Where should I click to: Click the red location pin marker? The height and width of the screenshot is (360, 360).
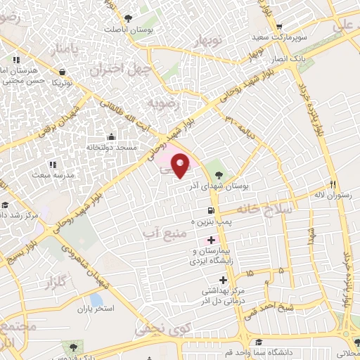coord(181,166)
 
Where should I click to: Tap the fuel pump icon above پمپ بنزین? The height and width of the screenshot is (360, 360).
coord(211,210)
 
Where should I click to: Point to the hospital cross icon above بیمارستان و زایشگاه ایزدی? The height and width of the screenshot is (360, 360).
coord(211,240)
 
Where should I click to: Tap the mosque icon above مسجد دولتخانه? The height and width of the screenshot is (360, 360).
coord(110,137)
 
